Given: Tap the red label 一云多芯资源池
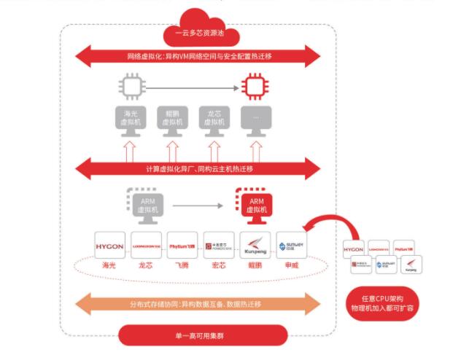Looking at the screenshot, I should point(198,34).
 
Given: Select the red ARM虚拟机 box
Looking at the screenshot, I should point(255,205).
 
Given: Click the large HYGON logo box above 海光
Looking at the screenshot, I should point(109,246).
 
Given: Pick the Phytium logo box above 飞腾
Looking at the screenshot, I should point(182,246).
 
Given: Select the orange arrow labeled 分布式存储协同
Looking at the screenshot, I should point(198,303).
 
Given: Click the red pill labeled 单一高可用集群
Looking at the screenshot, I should point(198,334).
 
